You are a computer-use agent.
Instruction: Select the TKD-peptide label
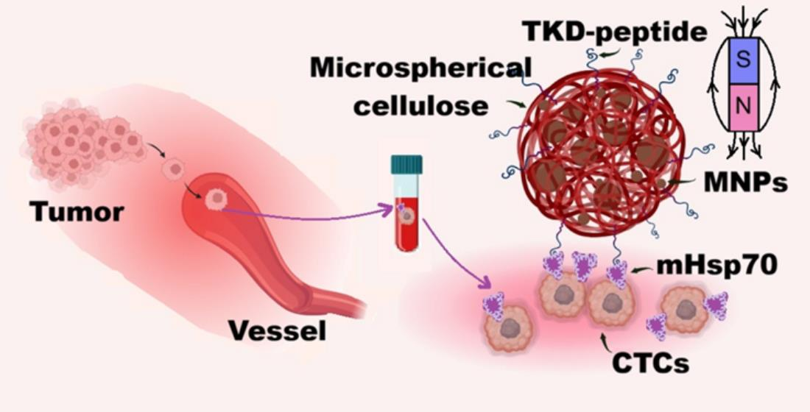(614, 32)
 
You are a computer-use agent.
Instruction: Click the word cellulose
(421, 105)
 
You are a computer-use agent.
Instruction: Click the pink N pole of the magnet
(744, 106)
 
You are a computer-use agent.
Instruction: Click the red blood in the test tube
(406, 228)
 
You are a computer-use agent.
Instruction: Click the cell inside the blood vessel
(216, 200)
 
